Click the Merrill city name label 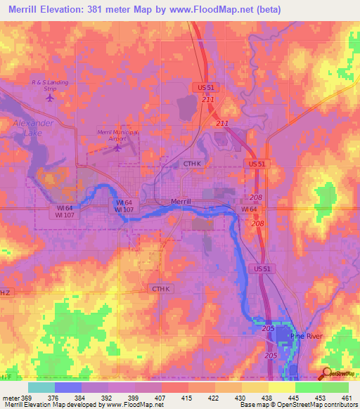point(186,201)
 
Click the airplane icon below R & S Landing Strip point(49,98)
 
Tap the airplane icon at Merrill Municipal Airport point(117,147)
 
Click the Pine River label point(306,337)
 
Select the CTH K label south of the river point(160,289)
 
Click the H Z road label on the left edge point(6,292)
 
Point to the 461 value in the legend point(347,397)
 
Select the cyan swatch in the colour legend point(41,387)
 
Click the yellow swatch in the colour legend point(281,387)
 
